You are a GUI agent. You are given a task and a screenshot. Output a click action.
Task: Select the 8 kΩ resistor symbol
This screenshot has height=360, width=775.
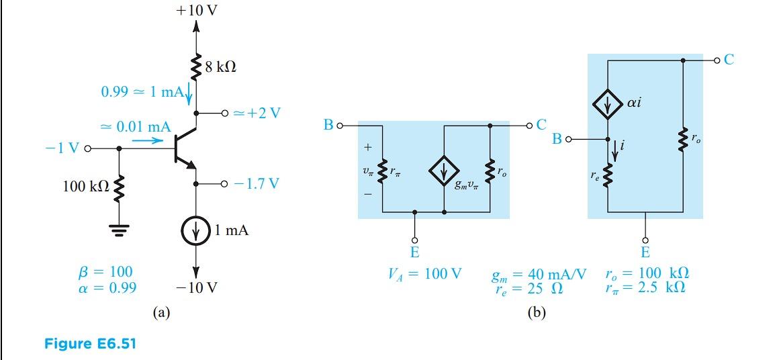(196, 67)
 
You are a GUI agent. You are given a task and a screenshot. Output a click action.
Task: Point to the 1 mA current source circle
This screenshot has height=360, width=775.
(196, 231)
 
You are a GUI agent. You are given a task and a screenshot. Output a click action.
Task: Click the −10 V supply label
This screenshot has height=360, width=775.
(196, 288)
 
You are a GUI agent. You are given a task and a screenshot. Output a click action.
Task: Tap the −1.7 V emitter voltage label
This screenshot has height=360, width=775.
(257, 183)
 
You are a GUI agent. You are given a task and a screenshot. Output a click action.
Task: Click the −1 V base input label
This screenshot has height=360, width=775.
(61, 147)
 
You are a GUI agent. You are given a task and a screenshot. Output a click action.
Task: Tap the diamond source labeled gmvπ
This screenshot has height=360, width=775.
(444, 173)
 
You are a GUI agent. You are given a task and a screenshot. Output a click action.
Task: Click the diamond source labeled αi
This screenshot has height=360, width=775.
(607, 104)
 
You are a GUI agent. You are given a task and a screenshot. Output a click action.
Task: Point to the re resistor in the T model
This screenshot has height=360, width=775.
(607, 176)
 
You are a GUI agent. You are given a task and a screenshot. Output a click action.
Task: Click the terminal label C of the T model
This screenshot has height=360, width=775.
(729, 60)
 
